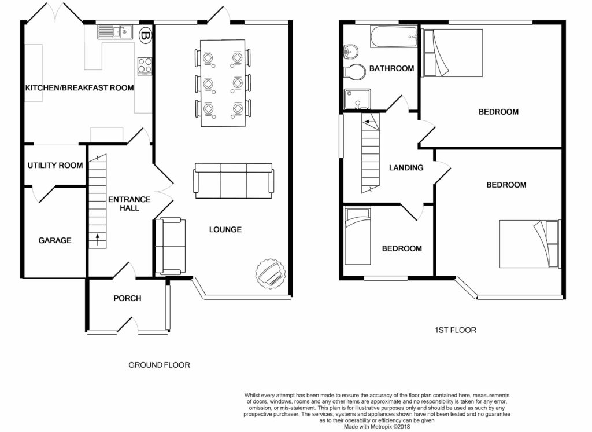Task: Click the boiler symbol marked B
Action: [145, 35]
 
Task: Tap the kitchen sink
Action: [114, 32]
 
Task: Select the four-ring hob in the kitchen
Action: [145, 66]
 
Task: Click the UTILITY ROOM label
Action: [55, 165]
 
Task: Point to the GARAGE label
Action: [55, 240]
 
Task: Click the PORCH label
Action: [127, 298]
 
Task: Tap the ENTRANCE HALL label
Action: [129, 203]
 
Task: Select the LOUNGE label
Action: [225, 230]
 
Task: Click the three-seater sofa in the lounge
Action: [234, 181]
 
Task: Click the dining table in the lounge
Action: [223, 83]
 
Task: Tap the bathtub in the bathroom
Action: [394, 36]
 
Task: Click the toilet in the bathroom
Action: [354, 71]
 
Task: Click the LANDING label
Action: [406, 167]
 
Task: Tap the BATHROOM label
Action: [391, 68]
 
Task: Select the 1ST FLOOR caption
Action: [456, 330]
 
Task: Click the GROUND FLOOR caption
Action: [159, 365]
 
